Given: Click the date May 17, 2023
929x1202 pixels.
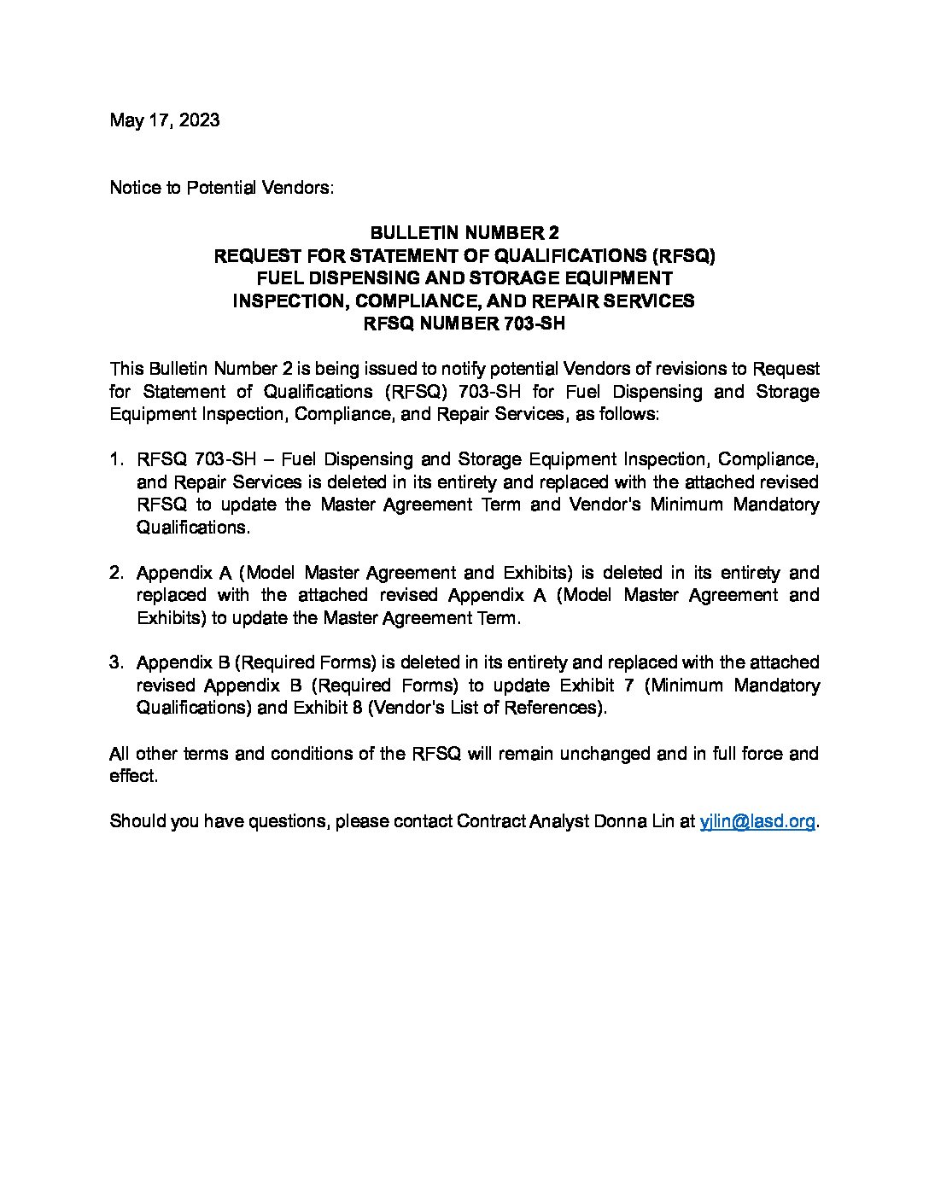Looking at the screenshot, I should [x=164, y=120].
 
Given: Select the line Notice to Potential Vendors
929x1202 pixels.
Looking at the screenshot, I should [x=221, y=188].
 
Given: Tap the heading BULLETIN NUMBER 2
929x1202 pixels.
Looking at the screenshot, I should [x=464, y=233].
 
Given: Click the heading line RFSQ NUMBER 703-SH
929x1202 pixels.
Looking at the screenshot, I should [x=464, y=324].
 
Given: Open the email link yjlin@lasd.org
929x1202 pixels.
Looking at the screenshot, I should [x=757, y=821].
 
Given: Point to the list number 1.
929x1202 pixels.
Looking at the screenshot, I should [x=116, y=460].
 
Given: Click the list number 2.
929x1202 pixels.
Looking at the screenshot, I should [x=116, y=573].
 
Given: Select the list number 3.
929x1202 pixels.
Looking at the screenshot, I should [x=116, y=662].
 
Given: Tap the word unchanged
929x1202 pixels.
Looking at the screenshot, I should [x=604, y=754].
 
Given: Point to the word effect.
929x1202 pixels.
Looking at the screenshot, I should [x=133, y=776].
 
